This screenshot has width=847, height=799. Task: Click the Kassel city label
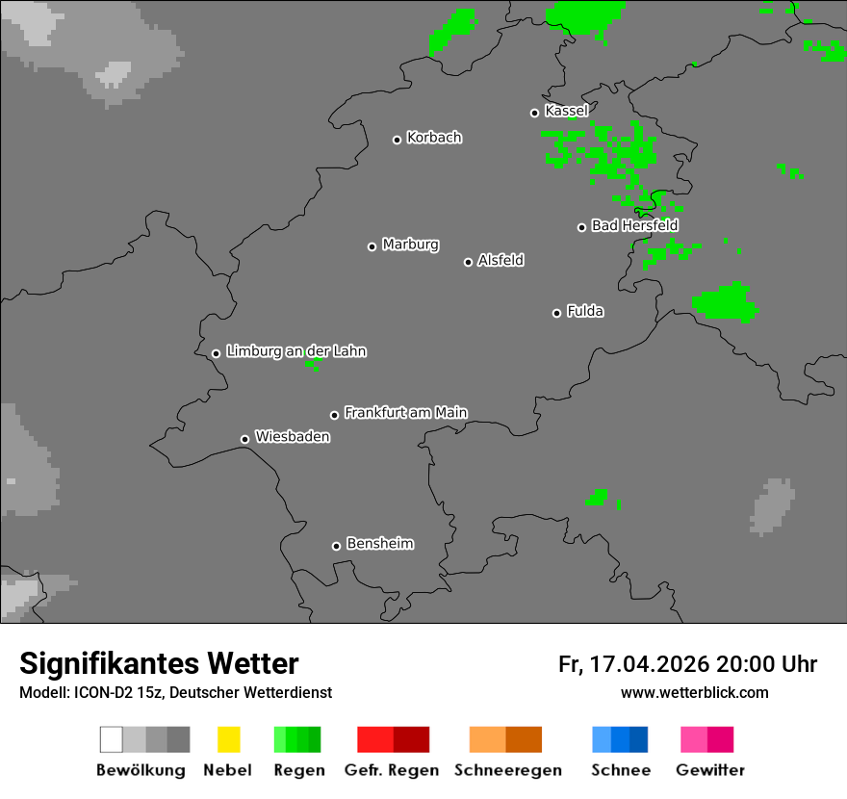pyautogui.click(x=566, y=112)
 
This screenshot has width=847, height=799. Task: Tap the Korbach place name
pyautogui.click(x=434, y=138)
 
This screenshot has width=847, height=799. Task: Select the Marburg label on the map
pyautogui.click(x=410, y=245)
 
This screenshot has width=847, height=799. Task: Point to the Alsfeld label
pyautogui.click(x=500, y=260)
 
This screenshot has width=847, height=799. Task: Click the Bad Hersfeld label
pyautogui.click(x=634, y=225)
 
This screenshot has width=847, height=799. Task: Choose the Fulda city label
pyautogui.click(x=585, y=311)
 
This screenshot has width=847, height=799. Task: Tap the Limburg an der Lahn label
pyautogui.click(x=295, y=351)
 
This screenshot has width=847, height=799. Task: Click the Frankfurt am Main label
pyautogui.click(x=405, y=413)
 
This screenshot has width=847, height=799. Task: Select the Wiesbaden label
pyautogui.click(x=292, y=437)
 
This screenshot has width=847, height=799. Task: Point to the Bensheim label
pyautogui.click(x=379, y=544)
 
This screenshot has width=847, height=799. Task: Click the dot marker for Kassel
pyautogui.click(x=535, y=113)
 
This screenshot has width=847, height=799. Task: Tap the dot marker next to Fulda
pyautogui.click(x=556, y=313)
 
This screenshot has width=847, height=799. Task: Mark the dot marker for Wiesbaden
pyautogui.click(x=244, y=439)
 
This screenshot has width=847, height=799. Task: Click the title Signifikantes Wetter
pyautogui.click(x=159, y=663)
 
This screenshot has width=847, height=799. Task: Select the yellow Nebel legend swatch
pyautogui.click(x=228, y=739)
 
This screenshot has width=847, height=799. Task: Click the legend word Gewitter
pyautogui.click(x=709, y=770)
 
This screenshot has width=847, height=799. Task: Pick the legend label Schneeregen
pyautogui.click(x=507, y=770)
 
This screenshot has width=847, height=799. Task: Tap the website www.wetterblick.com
pyautogui.click(x=694, y=692)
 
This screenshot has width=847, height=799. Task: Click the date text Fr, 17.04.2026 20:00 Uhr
pyautogui.click(x=687, y=664)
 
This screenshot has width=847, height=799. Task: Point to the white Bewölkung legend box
pyautogui.click(x=112, y=739)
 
